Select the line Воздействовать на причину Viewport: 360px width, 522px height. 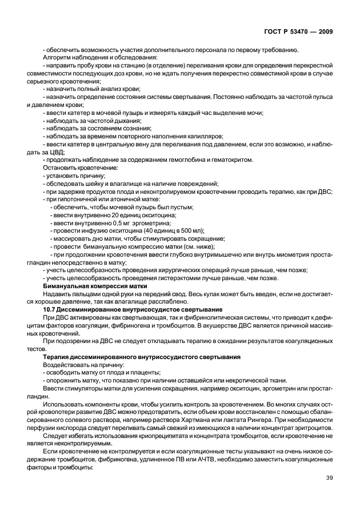coord(81,364)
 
